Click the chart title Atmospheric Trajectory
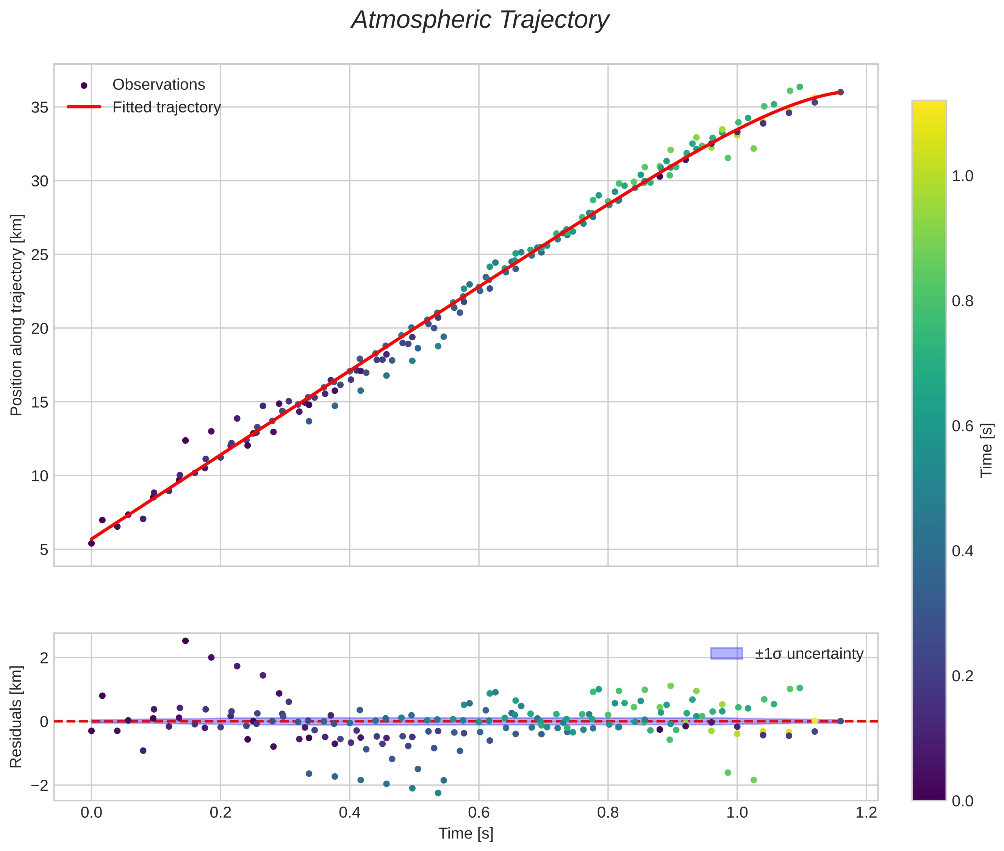point(480,20)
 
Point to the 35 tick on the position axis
point(39,107)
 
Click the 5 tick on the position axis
point(44,549)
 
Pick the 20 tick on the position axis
point(39,329)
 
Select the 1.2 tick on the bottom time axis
point(866,812)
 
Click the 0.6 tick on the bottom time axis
point(479,812)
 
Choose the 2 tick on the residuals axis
point(44,657)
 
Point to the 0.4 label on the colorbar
point(962,551)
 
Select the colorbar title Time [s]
point(987,451)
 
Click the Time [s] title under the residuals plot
point(466,834)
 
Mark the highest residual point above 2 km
point(185,641)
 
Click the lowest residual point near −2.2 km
point(438,793)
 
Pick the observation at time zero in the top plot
point(91,543)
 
